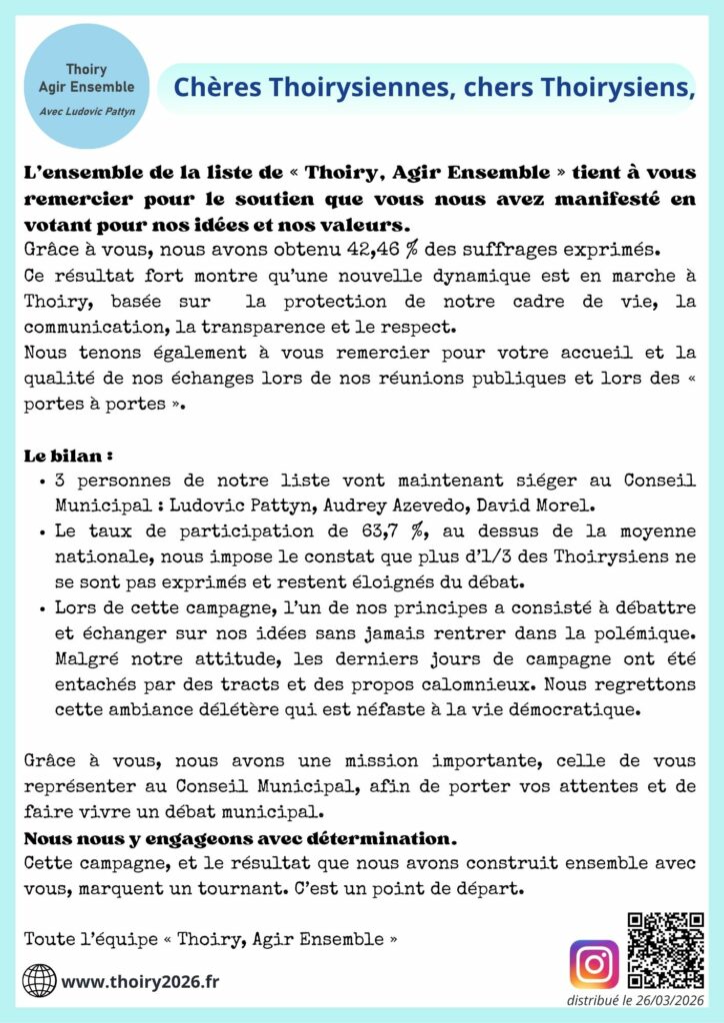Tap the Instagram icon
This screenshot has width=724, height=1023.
pyautogui.click(x=594, y=964)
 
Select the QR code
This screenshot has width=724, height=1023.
pyautogui.click(x=665, y=950)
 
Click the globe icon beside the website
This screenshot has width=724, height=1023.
pyautogui.click(x=39, y=980)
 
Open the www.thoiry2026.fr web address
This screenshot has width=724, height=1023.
pyautogui.click(x=140, y=981)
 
